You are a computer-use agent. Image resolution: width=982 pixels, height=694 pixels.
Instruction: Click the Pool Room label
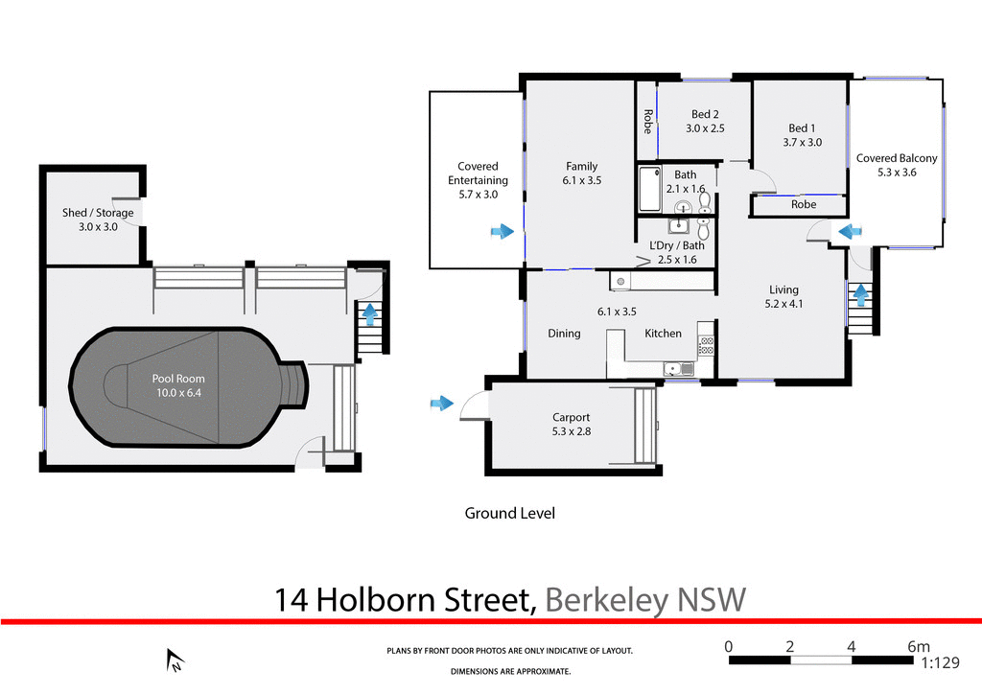pos(177,379)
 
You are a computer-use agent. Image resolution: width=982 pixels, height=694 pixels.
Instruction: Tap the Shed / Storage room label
pos(98,213)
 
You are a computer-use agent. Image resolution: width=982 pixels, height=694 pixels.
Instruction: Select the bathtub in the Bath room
pos(650,190)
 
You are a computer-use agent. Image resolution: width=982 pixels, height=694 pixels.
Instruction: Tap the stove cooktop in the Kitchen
pos(707,344)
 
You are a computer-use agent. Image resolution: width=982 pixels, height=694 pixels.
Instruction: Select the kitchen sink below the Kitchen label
pos(674,369)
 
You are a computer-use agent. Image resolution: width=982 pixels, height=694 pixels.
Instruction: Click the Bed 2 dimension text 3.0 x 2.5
pos(705,128)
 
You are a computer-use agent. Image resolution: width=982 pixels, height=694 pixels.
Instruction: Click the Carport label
pos(571,417)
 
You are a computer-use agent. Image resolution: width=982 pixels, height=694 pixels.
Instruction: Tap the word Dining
pos(564,334)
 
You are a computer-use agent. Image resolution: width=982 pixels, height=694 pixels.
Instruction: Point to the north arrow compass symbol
pos(175,659)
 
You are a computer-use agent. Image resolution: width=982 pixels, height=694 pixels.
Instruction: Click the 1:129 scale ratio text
pos(941,662)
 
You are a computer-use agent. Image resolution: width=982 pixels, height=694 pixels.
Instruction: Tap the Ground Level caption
pos(509,513)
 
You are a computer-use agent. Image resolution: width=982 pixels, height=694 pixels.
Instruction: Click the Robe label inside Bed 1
pos(804,204)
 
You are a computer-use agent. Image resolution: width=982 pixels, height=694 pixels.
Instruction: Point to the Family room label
pos(581,166)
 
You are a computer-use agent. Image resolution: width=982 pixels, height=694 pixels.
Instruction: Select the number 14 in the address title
pos(292,600)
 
